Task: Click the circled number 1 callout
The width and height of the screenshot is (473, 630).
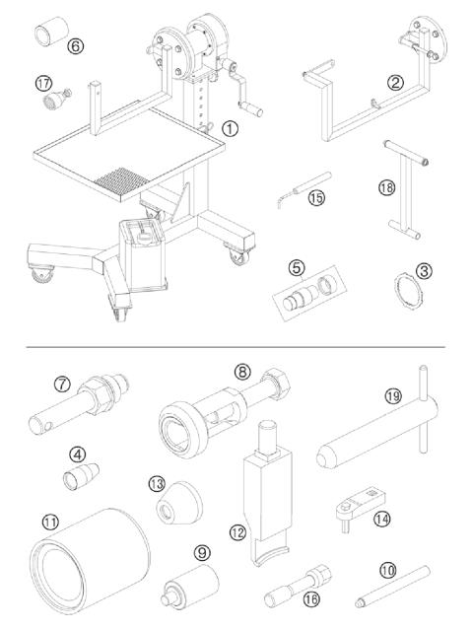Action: pos(229,127)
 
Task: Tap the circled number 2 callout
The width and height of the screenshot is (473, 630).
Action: pos(394,83)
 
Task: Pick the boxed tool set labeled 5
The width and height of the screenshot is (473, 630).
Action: pos(304,294)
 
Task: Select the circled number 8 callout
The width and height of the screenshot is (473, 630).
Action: pos(242,373)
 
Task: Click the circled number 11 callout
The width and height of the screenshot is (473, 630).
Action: pos(50,521)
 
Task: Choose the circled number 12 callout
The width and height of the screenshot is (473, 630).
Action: pos(237,531)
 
